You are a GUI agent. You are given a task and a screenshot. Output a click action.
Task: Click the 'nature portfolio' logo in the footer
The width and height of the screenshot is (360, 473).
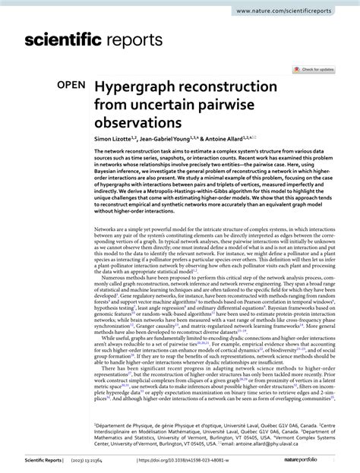click(x=321, y=460)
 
